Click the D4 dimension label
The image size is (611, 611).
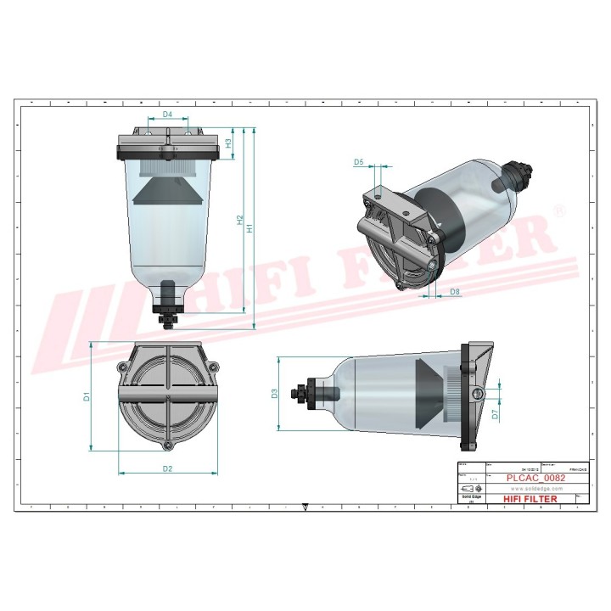(x=167, y=114)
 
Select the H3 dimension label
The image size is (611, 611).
(x=228, y=143)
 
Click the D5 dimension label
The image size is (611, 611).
(x=358, y=161)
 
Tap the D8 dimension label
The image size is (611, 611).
(x=455, y=292)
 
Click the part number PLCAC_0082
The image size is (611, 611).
(x=535, y=478)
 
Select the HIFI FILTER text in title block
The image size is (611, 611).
(x=531, y=499)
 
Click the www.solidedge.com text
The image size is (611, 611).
(x=532, y=489)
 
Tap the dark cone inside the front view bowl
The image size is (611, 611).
(x=167, y=192)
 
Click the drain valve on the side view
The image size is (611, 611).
(x=300, y=394)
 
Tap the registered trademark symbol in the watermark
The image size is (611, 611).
(x=558, y=210)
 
